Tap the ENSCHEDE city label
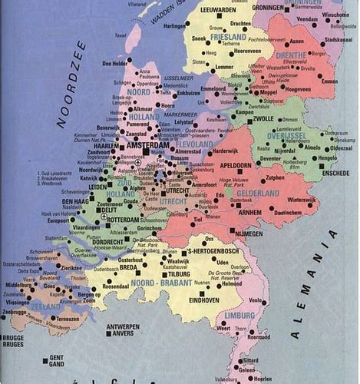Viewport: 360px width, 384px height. pos(336,174)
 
